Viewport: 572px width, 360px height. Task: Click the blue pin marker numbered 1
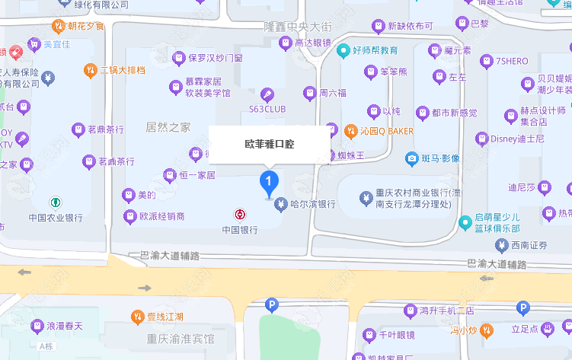269,183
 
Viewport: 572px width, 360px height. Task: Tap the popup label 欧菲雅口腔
269,143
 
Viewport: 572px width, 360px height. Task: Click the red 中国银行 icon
239,214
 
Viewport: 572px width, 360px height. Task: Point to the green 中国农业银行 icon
55,202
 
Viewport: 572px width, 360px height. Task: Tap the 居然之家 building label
168,127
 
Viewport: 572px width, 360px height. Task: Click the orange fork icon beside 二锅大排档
90,71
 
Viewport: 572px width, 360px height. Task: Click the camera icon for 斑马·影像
411,158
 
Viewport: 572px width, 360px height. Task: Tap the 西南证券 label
529,245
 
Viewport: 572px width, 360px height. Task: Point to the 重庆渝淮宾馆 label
181,338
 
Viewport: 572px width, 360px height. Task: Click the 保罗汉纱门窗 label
215,57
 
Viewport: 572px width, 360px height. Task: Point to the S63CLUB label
267,109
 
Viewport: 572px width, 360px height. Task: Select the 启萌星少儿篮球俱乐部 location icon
467,223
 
